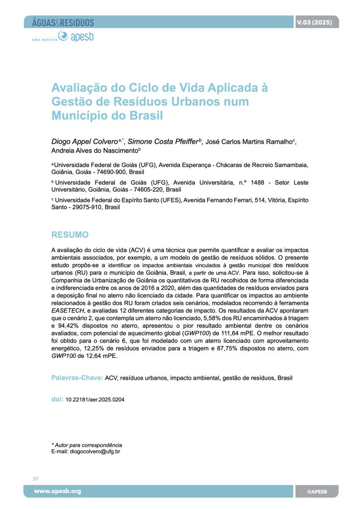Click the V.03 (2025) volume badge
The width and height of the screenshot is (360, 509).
314,22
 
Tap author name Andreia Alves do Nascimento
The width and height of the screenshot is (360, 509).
94,151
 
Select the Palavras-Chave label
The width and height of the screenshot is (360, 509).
77,378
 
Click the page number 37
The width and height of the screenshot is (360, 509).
35,479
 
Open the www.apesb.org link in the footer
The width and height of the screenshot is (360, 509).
57,491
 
